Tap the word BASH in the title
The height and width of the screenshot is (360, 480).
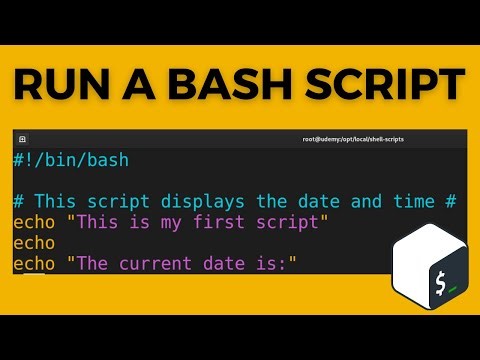230,88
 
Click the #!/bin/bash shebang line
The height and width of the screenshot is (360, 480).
71,160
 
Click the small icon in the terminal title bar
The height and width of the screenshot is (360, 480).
22,139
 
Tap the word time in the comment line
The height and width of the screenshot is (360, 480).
410,201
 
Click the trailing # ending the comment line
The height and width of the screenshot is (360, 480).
452,201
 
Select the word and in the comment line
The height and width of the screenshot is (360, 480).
366,201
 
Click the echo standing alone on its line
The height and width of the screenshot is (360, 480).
34,243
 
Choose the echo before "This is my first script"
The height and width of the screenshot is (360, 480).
34,222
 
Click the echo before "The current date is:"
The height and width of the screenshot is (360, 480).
34,264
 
